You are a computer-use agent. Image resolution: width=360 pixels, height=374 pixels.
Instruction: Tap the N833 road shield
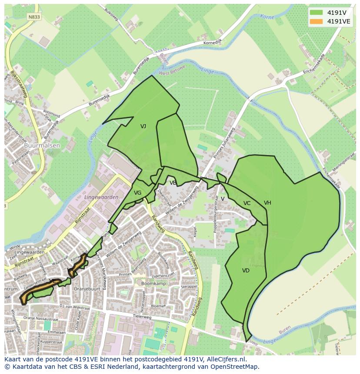click(33, 17)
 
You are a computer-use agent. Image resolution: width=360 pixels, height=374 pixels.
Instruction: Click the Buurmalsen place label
click(42, 146)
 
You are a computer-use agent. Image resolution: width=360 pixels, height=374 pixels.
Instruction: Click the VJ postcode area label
click(143, 126)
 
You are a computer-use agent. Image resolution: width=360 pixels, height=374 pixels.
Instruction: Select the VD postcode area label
click(246, 271)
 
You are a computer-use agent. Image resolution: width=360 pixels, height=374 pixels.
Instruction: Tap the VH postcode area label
click(267, 203)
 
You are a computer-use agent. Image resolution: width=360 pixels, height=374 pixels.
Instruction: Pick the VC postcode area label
click(247, 203)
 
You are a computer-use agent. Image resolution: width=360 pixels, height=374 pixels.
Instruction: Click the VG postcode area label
click(137, 193)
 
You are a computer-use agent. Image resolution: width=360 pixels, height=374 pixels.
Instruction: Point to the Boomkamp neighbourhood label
click(151, 283)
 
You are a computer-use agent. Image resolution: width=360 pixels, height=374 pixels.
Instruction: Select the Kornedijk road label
click(213, 43)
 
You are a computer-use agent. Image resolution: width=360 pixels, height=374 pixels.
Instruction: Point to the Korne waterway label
click(267, 17)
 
